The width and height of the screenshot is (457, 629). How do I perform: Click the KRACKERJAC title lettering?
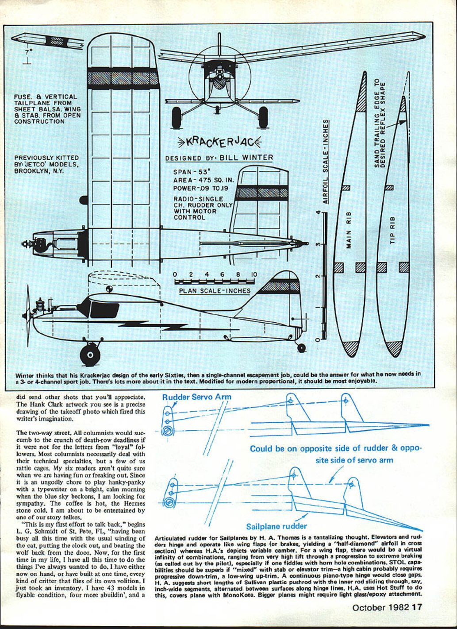[x=219, y=142]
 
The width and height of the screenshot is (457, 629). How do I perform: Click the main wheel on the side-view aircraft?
[x=90, y=354]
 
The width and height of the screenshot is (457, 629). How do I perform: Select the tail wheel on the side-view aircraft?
[x=302, y=348]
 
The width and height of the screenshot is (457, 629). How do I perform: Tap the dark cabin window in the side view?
[x=101, y=308]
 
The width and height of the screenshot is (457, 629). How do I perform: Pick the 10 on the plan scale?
[x=253, y=274]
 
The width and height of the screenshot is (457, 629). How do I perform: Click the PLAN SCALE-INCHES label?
[x=215, y=291]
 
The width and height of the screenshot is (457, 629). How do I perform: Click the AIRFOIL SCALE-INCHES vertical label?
[x=326, y=161]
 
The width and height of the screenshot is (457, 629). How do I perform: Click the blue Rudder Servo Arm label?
[x=196, y=397]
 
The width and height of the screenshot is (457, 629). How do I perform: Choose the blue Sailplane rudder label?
[x=276, y=526]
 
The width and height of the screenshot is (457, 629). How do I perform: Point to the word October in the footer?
[x=369, y=607]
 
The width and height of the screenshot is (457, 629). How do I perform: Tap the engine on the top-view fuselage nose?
[x=41, y=244]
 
